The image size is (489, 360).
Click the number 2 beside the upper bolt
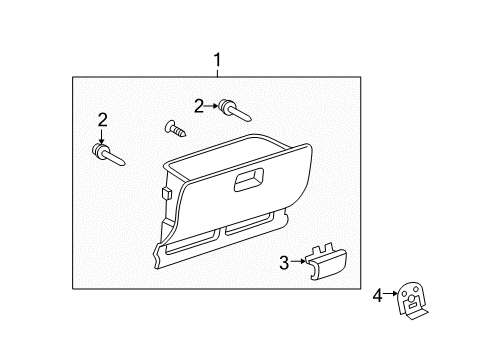[x=199, y=105]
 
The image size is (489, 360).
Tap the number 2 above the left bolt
[x=102, y=120]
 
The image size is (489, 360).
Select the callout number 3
[x=283, y=262]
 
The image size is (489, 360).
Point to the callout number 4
[x=377, y=295]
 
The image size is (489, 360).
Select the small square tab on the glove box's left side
[x=163, y=191]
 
